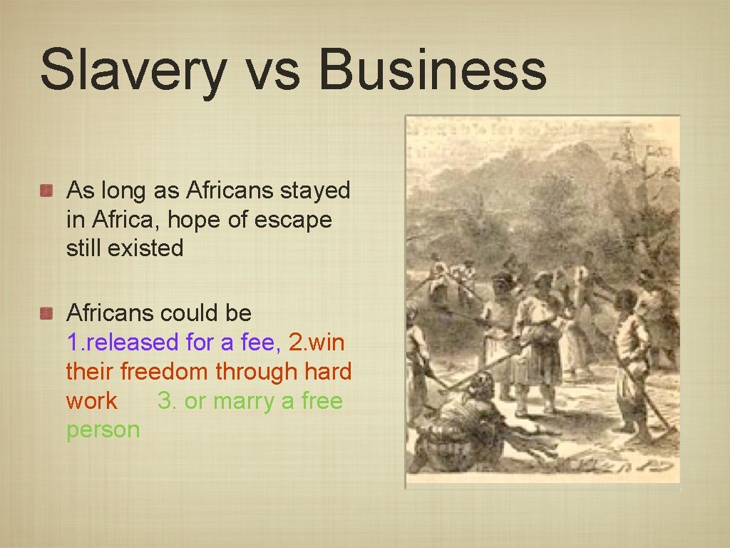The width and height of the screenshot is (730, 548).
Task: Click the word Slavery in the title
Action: [133, 70]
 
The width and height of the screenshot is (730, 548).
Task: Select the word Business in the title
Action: [432, 70]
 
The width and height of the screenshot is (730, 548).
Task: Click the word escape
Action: [294, 220]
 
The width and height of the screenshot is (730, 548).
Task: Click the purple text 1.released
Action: [123, 342]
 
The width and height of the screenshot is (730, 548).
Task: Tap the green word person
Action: [103, 430]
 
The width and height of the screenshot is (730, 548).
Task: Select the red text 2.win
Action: [317, 342]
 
